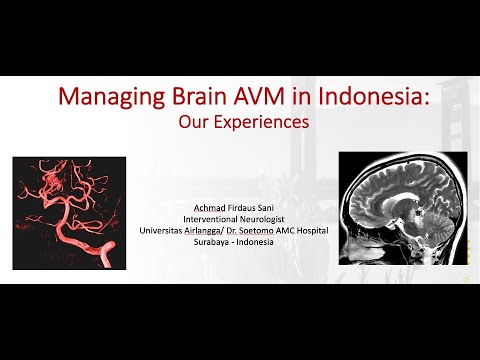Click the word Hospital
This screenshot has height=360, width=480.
pos(336,231)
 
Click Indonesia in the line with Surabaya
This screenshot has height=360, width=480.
pos(263,243)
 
